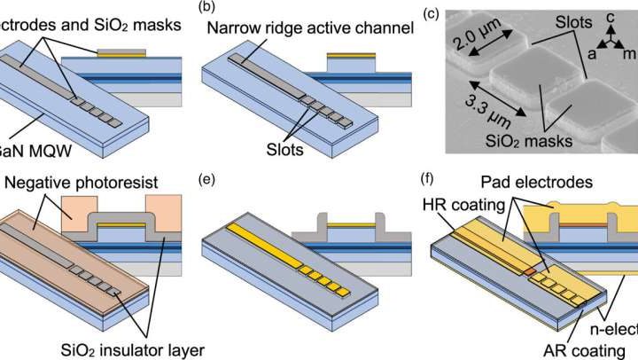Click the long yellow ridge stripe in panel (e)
click(x=266, y=243)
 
